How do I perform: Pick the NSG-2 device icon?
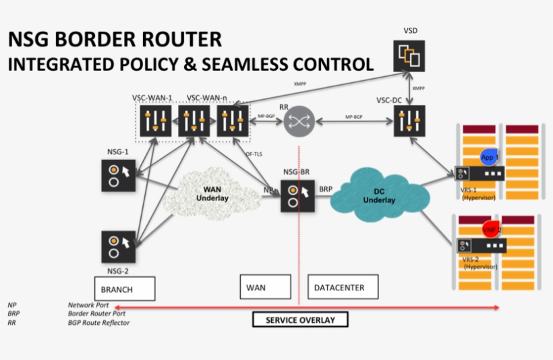[x=118, y=247]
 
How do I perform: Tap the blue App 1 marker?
[x=490, y=156]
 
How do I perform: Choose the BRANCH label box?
[x=125, y=288]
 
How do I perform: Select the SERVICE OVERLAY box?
[x=300, y=320]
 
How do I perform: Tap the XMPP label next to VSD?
[x=418, y=88]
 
